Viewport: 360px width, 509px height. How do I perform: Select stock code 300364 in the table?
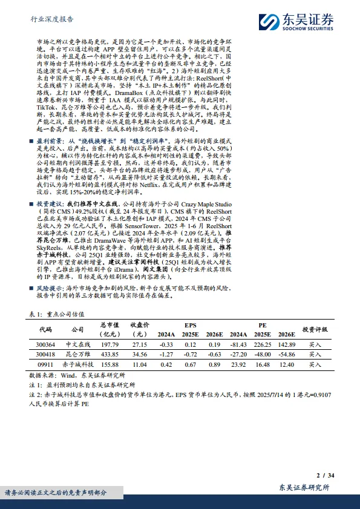tap(47, 344)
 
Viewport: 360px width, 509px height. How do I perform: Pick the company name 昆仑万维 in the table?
tap(78, 354)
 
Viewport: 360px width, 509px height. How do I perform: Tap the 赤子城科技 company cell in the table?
tap(78, 365)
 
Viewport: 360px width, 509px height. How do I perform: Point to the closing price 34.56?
tap(140, 354)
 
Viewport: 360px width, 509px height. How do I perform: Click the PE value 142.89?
tap(286, 344)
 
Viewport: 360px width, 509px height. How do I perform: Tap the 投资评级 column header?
tap(315, 329)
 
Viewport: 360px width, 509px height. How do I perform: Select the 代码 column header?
tap(46, 329)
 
